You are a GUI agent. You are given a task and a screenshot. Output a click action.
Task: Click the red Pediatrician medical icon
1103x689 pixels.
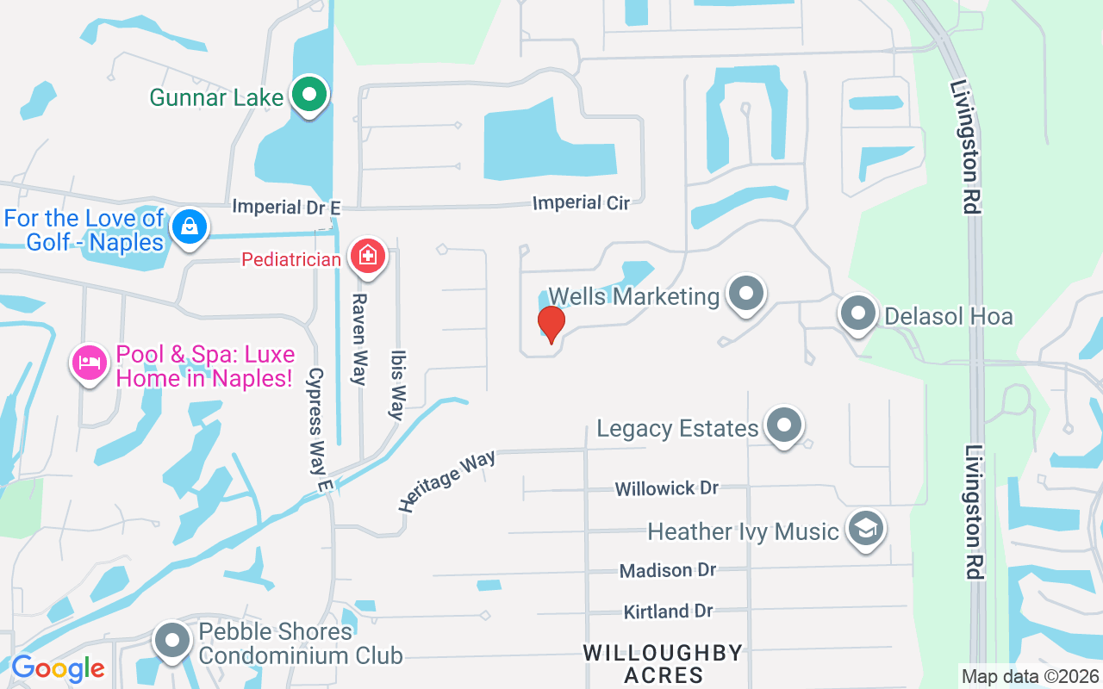point(367,256)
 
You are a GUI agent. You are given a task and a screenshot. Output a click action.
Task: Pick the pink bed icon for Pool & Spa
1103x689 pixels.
point(89,363)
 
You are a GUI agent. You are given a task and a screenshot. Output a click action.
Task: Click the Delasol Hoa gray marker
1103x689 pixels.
point(857,313)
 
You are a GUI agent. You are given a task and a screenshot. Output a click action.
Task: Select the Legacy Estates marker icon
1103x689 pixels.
point(783,425)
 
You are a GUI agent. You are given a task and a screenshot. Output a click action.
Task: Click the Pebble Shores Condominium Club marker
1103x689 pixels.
point(172,641)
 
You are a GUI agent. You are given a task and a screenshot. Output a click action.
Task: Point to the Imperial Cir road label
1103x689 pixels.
point(581,203)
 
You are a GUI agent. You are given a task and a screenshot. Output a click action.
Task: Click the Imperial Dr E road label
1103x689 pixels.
point(287,207)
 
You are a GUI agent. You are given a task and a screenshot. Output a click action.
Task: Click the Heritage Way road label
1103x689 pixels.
point(447,481)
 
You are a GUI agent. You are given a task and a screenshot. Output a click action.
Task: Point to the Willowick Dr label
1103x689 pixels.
point(666,488)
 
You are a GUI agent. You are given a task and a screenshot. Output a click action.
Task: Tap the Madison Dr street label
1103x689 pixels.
point(668,570)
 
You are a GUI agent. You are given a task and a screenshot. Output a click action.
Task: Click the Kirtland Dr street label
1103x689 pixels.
point(668,611)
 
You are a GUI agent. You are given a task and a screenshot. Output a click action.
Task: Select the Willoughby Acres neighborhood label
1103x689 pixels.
point(663,663)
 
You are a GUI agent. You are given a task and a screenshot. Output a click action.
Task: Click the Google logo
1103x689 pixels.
point(58,668)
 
